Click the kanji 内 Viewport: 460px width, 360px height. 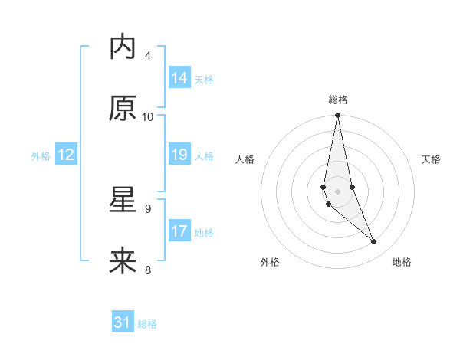pos(123,47)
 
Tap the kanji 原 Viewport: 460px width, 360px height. pos(123,109)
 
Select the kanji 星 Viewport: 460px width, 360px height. pos(123,201)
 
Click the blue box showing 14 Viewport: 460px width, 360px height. pos(179,78)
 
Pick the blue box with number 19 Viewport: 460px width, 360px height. pos(179,155)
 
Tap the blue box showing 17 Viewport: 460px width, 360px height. pos(179,231)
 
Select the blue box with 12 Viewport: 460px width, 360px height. pos(66,155)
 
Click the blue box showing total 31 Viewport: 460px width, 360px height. pos(123,322)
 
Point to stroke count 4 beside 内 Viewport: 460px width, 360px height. pos(148,55)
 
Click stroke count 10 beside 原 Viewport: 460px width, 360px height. pos(148,116)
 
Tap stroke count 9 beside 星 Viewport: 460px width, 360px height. pos(148,208)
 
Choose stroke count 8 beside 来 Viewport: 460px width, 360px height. pos(148,270)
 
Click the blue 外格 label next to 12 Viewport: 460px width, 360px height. pos(41,155)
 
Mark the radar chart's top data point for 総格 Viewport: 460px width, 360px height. pos(337,116)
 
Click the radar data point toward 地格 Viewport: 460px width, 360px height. pos(374,242)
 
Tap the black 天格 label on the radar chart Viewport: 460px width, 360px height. pos(432,159)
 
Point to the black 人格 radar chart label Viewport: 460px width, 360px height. pos(245,159)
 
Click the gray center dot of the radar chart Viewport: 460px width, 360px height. pos(337,191)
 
